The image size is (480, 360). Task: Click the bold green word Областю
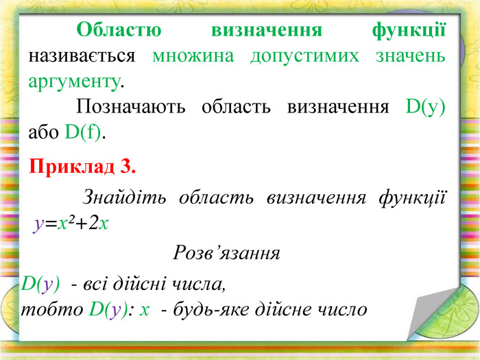click(119, 29)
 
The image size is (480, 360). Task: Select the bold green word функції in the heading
click(409, 31)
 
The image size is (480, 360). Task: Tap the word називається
click(82, 57)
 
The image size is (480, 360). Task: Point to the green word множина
click(193, 56)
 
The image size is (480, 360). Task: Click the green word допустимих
click(304, 57)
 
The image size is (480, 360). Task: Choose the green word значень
click(411, 56)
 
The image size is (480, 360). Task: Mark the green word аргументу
click(74, 83)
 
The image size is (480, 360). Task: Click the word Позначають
click(131, 107)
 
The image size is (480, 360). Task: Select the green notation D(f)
click(83, 132)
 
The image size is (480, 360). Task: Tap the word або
click(43, 132)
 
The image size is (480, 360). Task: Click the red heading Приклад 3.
click(82, 167)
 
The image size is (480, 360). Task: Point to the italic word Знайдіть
click(124, 197)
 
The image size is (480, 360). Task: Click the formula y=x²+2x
click(71, 224)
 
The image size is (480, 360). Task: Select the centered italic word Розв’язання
click(226, 253)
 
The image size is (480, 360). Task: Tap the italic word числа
click(199, 284)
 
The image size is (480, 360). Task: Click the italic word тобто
click(52, 309)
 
